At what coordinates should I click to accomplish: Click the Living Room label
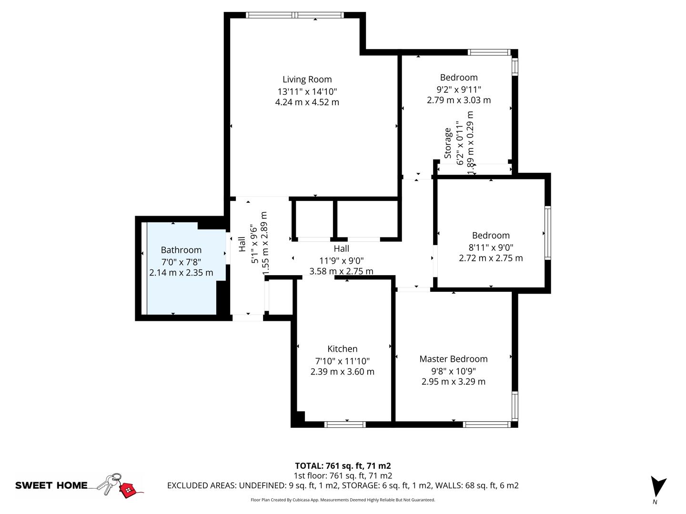(307, 79)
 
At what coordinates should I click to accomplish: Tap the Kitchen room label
(342, 349)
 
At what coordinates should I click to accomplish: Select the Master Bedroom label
(453, 359)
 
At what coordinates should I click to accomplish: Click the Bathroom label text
(181, 250)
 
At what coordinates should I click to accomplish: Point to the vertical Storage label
(448, 143)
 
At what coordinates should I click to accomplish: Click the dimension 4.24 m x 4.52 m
(307, 102)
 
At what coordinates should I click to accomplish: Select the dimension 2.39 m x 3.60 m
(342, 372)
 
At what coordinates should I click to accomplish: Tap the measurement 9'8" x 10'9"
(453, 371)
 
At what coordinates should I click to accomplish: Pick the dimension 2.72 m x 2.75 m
(491, 258)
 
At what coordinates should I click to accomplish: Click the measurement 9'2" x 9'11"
(459, 89)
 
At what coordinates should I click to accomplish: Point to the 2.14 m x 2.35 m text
(181, 273)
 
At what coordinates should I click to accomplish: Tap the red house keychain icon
(127, 489)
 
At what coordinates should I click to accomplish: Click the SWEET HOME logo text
(51, 485)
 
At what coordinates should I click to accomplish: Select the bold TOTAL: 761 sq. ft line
(343, 466)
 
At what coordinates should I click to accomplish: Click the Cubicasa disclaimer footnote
(343, 500)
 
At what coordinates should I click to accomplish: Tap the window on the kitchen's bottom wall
(345, 424)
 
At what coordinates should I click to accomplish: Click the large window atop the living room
(294, 15)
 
